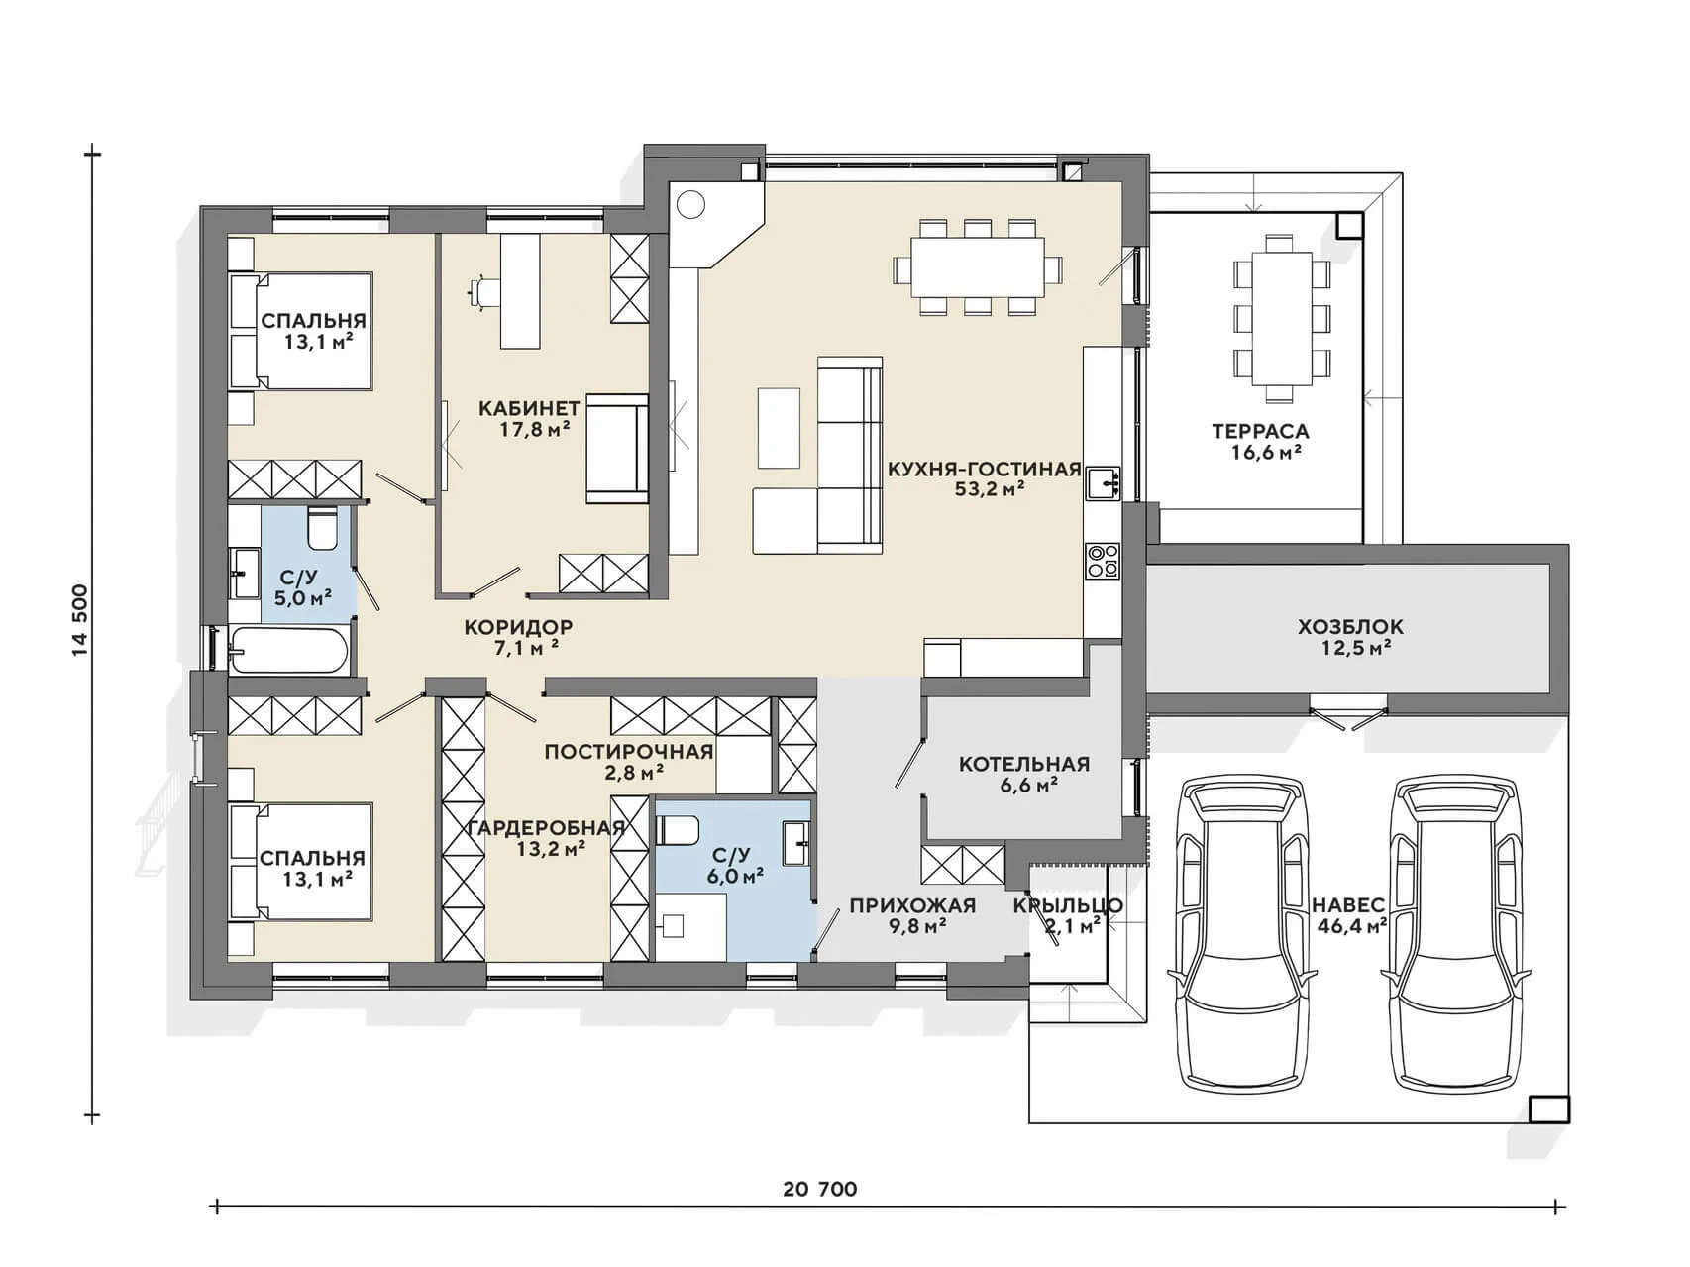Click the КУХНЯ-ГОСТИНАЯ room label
(984, 469)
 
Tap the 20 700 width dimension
(820, 1189)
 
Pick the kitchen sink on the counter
(1103, 483)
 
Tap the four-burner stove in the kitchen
(1103, 561)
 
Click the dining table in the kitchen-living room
(978, 266)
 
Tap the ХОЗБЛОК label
(1350, 627)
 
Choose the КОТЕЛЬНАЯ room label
(1024, 764)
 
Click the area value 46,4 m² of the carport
(1351, 927)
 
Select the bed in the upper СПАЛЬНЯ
(301, 331)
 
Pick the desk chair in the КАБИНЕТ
(483, 292)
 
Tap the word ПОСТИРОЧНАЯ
(629, 752)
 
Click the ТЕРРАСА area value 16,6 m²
(1260, 452)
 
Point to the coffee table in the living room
(779, 427)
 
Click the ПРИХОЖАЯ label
(912, 905)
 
